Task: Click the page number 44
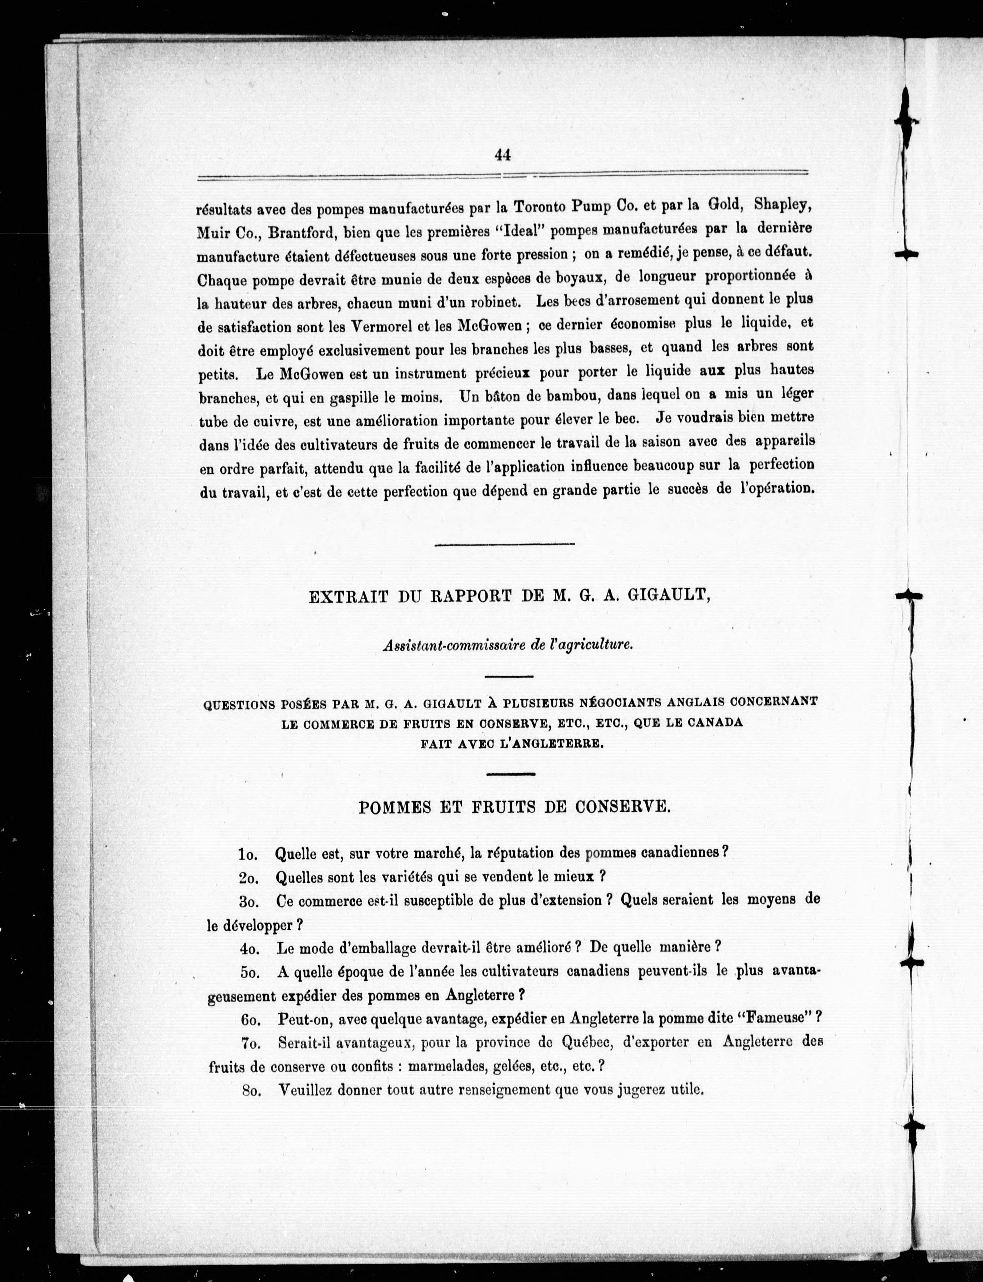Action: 503,155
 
